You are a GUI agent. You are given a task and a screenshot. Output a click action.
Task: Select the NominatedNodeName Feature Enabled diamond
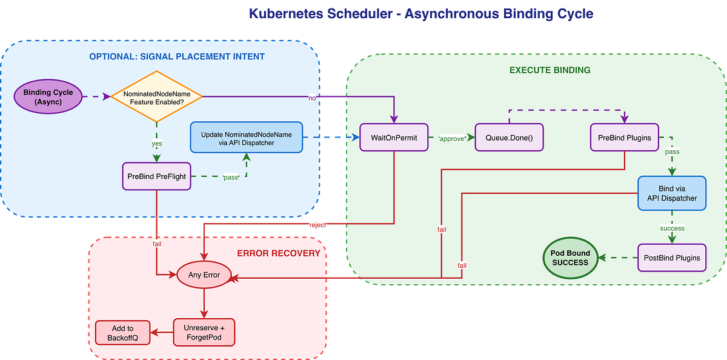(x=157, y=97)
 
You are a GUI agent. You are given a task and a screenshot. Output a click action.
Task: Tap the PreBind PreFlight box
(x=157, y=176)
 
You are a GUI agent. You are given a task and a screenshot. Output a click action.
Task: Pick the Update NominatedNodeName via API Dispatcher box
(x=246, y=138)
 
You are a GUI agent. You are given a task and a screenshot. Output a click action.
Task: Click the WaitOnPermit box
(x=394, y=138)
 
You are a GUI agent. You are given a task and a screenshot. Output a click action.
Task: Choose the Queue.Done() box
(x=509, y=138)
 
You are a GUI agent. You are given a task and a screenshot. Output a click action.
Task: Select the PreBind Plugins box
(x=625, y=138)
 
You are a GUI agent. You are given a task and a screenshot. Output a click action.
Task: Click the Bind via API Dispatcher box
(x=672, y=193)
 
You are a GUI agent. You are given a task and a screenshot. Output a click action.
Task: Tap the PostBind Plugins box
(x=672, y=258)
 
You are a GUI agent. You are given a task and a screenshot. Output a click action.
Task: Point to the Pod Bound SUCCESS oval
(x=569, y=258)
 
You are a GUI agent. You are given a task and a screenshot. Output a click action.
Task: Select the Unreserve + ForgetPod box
(x=204, y=332)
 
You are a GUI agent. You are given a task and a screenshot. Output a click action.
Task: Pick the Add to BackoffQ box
(x=122, y=332)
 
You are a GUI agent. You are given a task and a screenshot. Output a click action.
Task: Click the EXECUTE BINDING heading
(x=549, y=70)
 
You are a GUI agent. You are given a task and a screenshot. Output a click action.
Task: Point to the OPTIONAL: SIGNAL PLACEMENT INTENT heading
(x=177, y=57)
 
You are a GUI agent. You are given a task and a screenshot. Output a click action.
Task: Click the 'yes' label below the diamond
(x=157, y=144)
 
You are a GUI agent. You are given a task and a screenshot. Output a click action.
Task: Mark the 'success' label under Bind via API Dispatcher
(x=672, y=228)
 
